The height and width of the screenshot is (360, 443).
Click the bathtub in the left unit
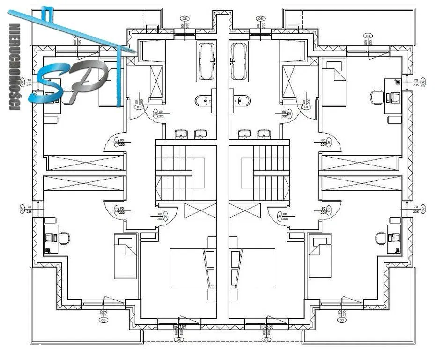click(207, 62)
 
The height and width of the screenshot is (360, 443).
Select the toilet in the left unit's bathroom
click(202, 100)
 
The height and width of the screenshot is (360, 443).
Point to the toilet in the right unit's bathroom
click(243, 100)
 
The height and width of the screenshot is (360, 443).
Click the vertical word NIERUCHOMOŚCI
click(14, 67)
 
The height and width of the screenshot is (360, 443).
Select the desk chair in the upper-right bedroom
click(376, 97)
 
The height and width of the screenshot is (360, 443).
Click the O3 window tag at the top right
click(369, 36)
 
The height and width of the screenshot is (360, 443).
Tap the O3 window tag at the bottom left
click(101, 321)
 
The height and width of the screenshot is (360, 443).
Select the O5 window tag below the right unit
click(266, 339)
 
